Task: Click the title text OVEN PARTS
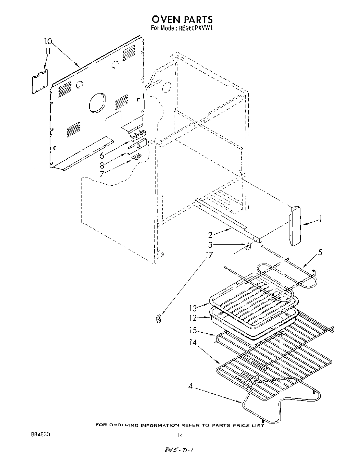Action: click(182, 19)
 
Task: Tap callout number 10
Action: click(48, 42)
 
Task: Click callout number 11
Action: click(48, 51)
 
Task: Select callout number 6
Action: click(102, 156)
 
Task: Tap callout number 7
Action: click(102, 174)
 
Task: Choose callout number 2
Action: click(210, 235)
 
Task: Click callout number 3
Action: click(211, 245)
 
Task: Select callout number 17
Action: click(209, 255)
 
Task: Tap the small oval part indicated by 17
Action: click(158, 319)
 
